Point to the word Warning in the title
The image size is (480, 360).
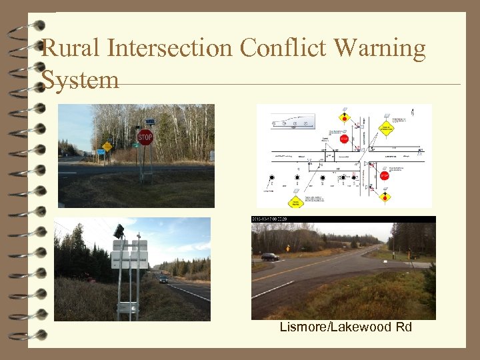click(x=381, y=49)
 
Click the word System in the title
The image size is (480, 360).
click(x=80, y=80)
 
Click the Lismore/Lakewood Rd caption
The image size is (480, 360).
click(x=346, y=327)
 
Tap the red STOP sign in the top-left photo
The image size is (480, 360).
click(x=145, y=137)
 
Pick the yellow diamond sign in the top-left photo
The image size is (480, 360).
click(x=107, y=145)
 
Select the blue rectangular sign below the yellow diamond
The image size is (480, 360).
click(x=101, y=152)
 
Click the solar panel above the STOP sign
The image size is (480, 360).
click(x=150, y=121)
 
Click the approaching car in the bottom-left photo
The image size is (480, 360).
click(x=163, y=279)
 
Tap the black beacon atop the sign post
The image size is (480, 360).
click(x=119, y=231)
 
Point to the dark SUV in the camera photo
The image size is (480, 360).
click(x=270, y=257)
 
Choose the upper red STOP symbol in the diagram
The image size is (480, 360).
click(x=345, y=139)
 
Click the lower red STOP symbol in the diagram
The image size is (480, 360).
click(x=383, y=175)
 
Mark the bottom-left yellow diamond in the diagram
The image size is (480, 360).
click(x=296, y=201)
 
